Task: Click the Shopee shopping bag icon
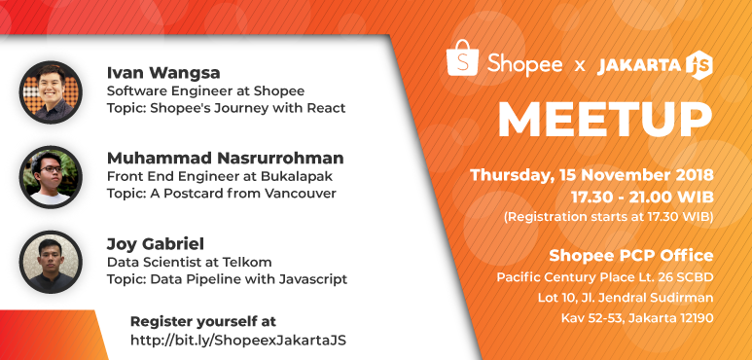tap(462, 60)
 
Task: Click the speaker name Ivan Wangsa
tap(163, 73)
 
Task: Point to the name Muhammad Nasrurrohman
tap(226, 158)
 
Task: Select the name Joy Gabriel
tap(159, 242)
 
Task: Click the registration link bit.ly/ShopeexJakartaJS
tap(238, 340)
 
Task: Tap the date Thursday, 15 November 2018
tap(591, 176)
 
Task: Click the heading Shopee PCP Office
tap(631, 256)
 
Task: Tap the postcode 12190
tap(691, 317)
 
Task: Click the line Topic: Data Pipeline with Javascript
tap(227, 279)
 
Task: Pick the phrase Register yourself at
tap(202, 320)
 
